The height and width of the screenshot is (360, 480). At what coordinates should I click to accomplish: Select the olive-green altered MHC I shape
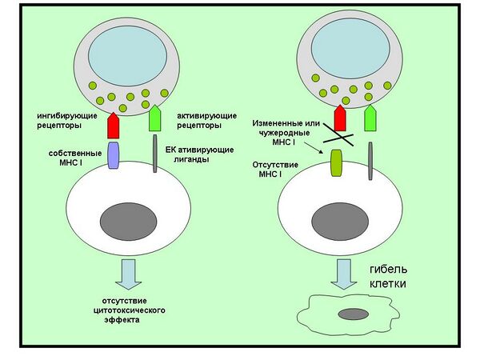tap(335, 164)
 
